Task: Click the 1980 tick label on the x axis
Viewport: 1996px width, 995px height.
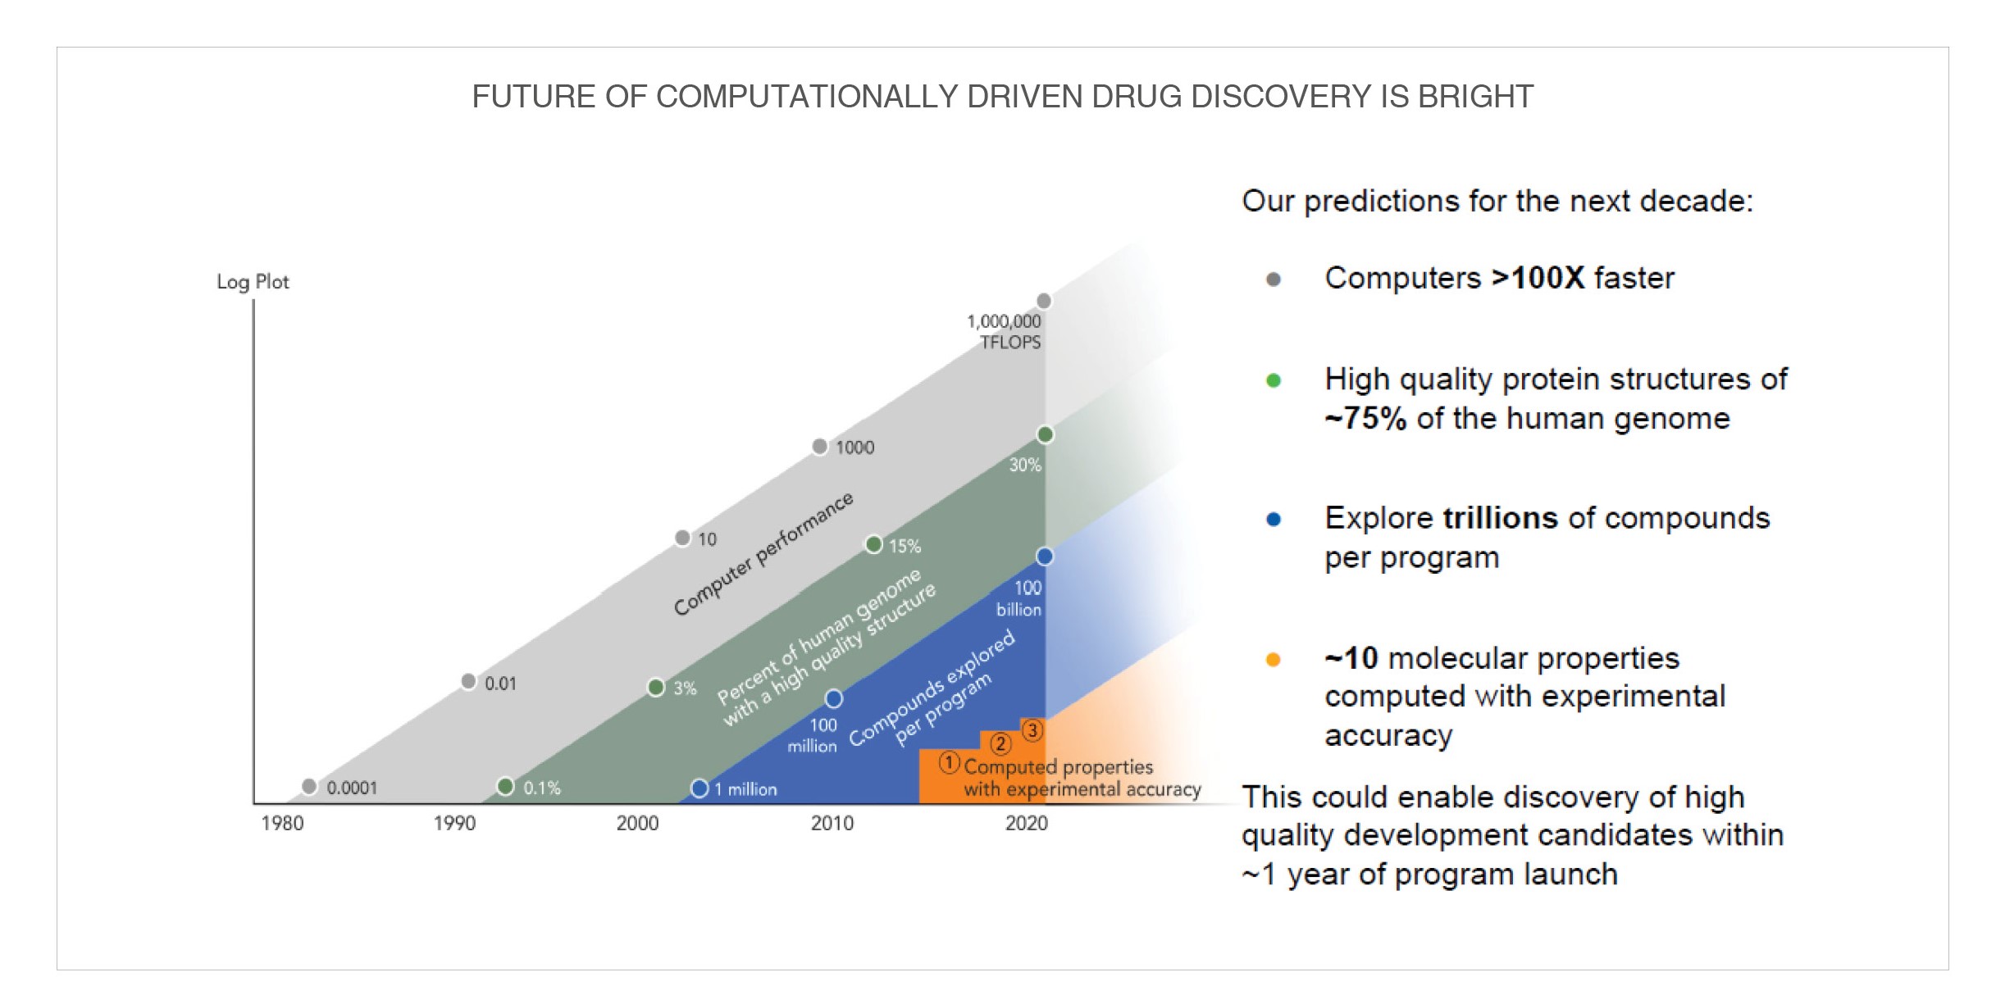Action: [282, 823]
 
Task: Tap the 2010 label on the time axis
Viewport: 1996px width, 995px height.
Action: [832, 823]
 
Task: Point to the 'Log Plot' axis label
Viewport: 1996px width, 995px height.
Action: [253, 282]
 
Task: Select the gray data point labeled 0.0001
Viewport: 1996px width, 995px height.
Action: [309, 787]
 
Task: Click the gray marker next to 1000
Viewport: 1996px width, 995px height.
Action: [819, 447]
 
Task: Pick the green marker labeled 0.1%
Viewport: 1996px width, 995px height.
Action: [505, 787]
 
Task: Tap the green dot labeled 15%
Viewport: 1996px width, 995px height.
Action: [874, 544]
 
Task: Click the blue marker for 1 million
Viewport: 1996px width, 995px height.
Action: [700, 788]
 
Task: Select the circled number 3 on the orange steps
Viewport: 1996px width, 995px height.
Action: [1032, 729]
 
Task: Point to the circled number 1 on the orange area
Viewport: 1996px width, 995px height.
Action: [949, 763]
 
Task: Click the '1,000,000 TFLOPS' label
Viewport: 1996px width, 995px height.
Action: [1004, 332]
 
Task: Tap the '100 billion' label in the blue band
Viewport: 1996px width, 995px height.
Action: [1019, 598]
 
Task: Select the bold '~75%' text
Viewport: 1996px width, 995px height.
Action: [1365, 418]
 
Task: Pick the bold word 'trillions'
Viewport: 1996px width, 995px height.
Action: [1500, 518]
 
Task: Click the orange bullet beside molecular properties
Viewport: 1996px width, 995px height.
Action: [1274, 660]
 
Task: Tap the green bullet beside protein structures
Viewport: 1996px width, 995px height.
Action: [1274, 380]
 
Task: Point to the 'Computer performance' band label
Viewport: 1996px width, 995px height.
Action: [763, 553]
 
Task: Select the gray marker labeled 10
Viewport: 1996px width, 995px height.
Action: [682, 538]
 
